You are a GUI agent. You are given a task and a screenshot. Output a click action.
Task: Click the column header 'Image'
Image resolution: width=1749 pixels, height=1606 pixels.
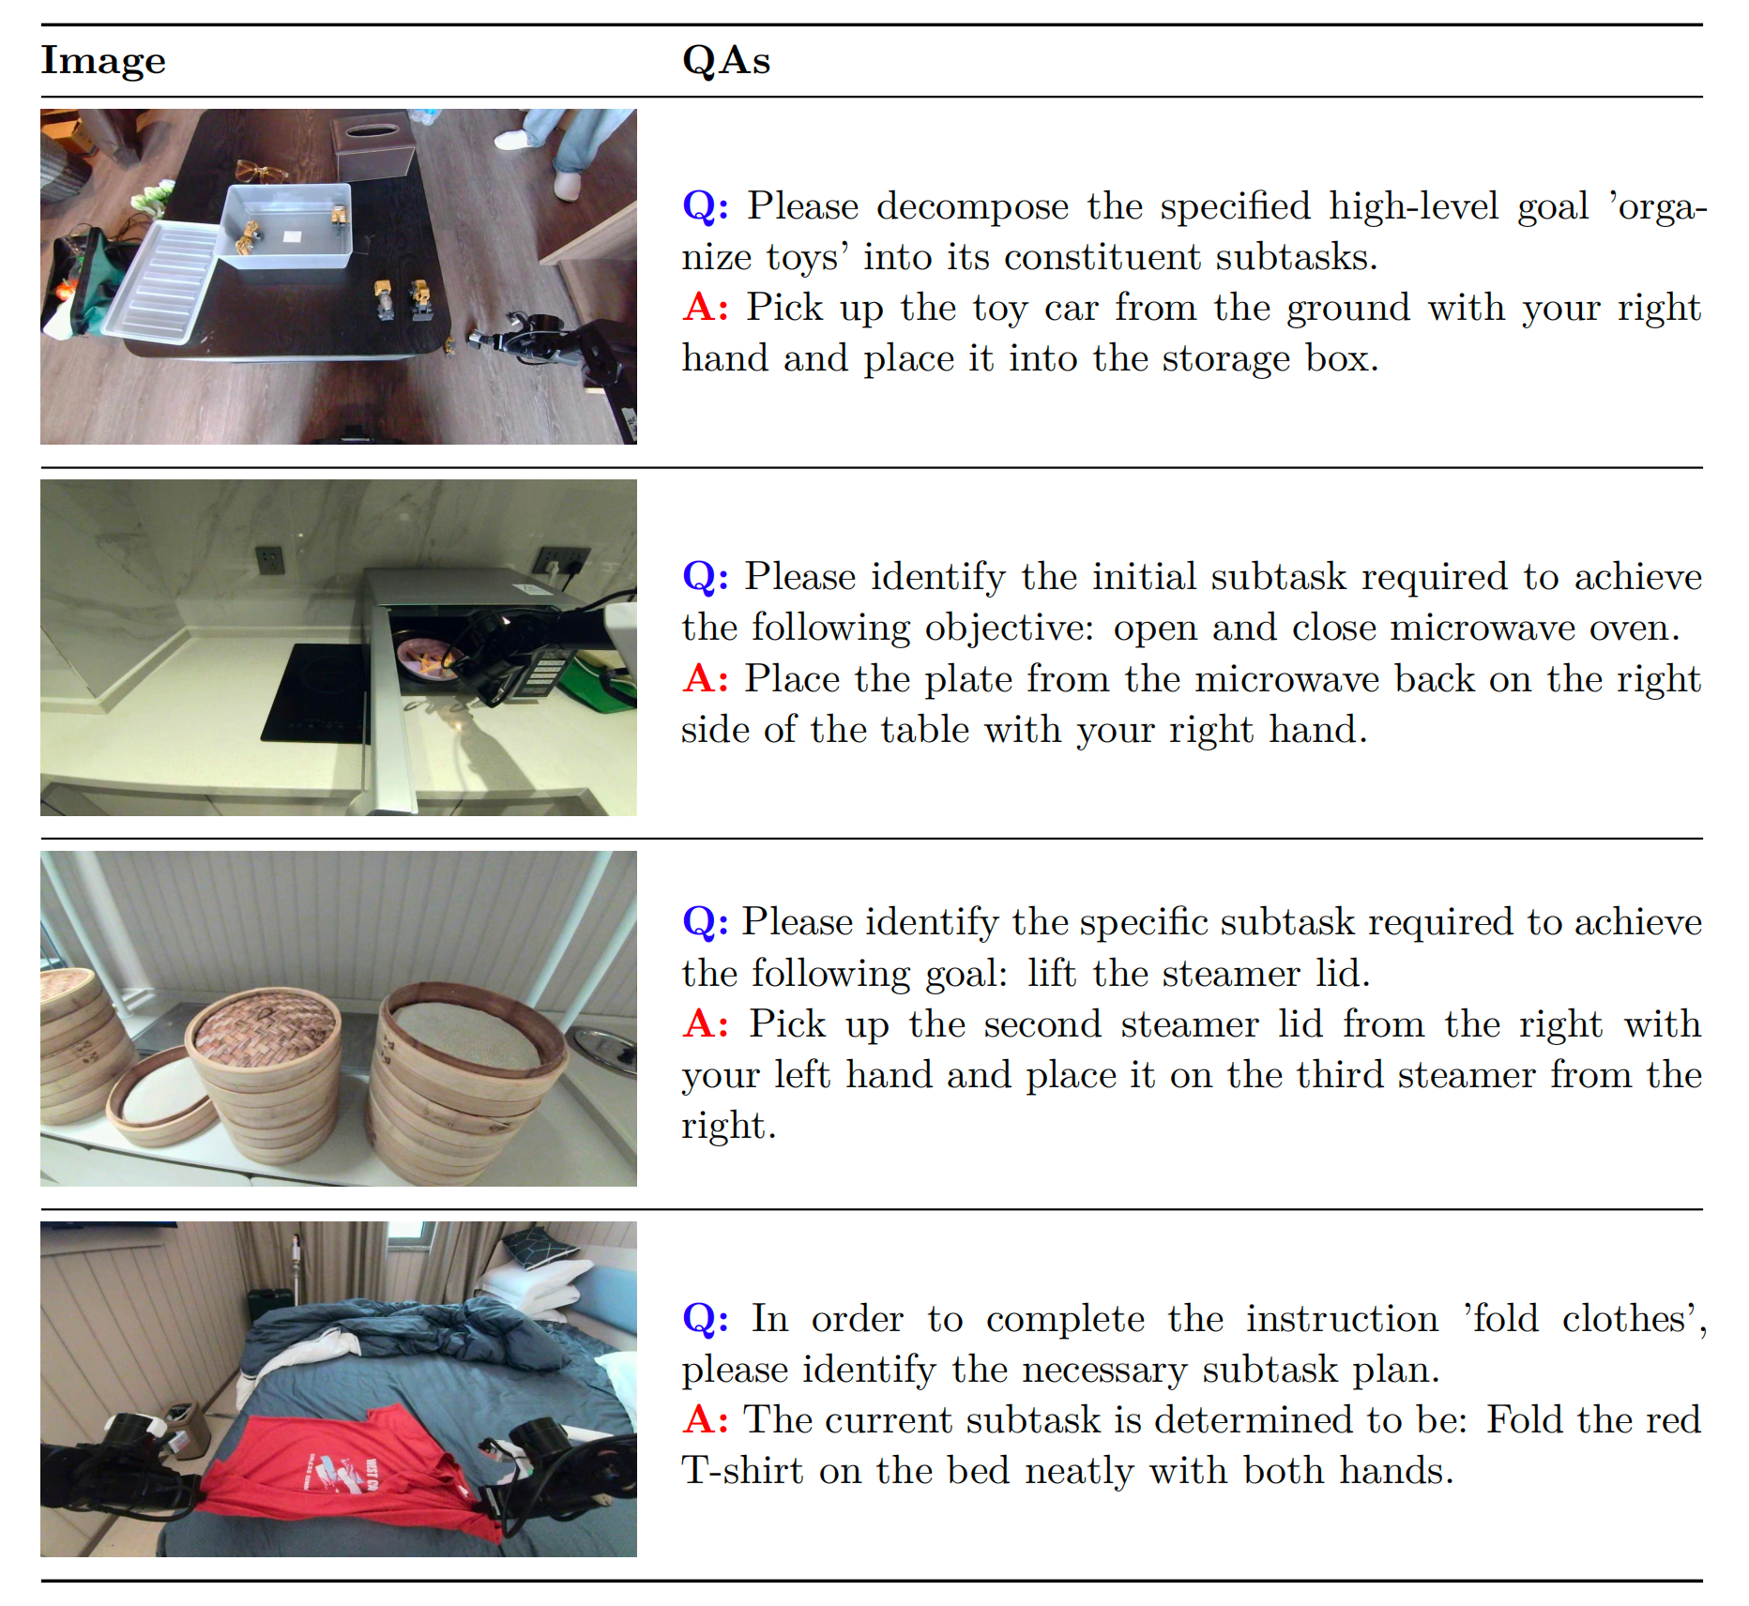103,61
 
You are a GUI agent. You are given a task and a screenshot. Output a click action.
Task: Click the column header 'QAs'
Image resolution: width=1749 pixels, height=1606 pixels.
726,61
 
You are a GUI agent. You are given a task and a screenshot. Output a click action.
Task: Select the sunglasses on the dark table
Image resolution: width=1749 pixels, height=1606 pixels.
260,172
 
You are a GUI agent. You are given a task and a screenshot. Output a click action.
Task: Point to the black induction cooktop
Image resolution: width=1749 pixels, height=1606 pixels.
316,692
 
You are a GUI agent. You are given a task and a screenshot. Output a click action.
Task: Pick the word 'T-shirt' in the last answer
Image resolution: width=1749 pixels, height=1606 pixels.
741,1470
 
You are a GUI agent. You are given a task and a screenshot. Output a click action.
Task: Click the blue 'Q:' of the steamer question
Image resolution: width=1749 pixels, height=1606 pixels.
705,922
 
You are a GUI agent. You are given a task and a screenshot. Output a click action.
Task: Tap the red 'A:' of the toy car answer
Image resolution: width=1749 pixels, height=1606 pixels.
706,307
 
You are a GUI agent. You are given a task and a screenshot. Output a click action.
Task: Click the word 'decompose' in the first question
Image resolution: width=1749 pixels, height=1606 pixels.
972,207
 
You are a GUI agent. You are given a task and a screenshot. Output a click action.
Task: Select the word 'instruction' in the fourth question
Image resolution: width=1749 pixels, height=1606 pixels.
1342,1319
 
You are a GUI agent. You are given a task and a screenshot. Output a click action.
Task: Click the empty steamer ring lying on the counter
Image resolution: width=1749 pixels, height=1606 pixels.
161,1098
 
